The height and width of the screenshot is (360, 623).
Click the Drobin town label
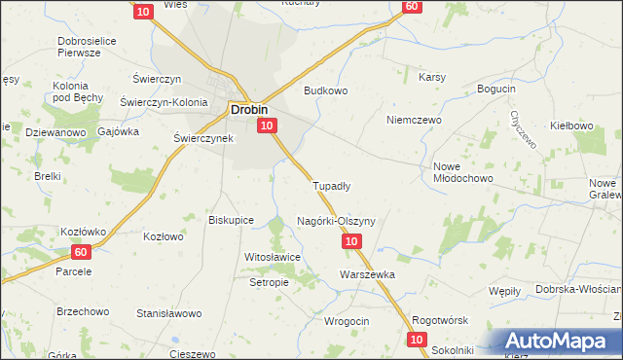pyautogui.click(x=249, y=110)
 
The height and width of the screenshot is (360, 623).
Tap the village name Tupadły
pyautogui.click(x=331, y=185)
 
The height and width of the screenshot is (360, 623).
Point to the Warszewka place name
pyautogui.click(x=367, y=274)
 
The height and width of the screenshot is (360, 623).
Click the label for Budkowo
pyautogui.click(x=326, y=90)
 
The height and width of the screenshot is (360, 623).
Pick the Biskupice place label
pyautogui.click(x=232, y=220)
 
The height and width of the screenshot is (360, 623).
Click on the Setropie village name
pyautogui.click(x=270, y=282)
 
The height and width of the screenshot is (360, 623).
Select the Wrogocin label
pyautogui.click(x=346, y=321)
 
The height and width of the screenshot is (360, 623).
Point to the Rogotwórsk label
pyautogui.click(x=441, y=320)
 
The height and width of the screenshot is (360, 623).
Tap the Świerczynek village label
pyautogui.click(x=202, y=139)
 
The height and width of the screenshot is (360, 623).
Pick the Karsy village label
pyautogui.click(x=432, y=77)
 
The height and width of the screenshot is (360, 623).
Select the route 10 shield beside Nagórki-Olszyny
pyautogui.click(x=352, y=240)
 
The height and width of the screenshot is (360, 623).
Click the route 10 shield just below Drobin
pyautogui.click(x=270, y=125)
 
